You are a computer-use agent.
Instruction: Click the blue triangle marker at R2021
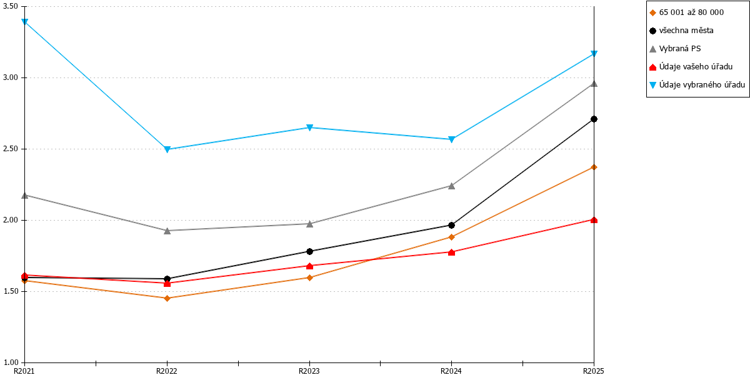pos(24,22)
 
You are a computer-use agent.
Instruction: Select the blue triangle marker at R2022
pos(167,149)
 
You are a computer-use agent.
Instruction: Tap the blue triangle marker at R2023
pos(309,128)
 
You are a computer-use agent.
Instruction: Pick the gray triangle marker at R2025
pos(594,83)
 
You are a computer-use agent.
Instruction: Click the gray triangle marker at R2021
pos(24,195)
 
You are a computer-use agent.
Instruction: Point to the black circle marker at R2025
pos(594,119)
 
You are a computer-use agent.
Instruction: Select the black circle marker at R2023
pos(309,251)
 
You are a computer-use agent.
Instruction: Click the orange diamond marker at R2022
pos(167,298)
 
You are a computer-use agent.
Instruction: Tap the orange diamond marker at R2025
pos(594,167)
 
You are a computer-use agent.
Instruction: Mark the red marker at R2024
pos(451,252)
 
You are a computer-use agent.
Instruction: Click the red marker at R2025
pos(594,220)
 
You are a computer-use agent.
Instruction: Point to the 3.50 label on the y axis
pos(11,6)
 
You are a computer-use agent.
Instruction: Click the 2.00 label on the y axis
pos(11,220)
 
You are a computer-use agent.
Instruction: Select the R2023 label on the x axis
pos(309,371)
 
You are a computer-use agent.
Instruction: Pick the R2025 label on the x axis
pos(593,371)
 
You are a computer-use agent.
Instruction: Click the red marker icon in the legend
pos(652,67)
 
